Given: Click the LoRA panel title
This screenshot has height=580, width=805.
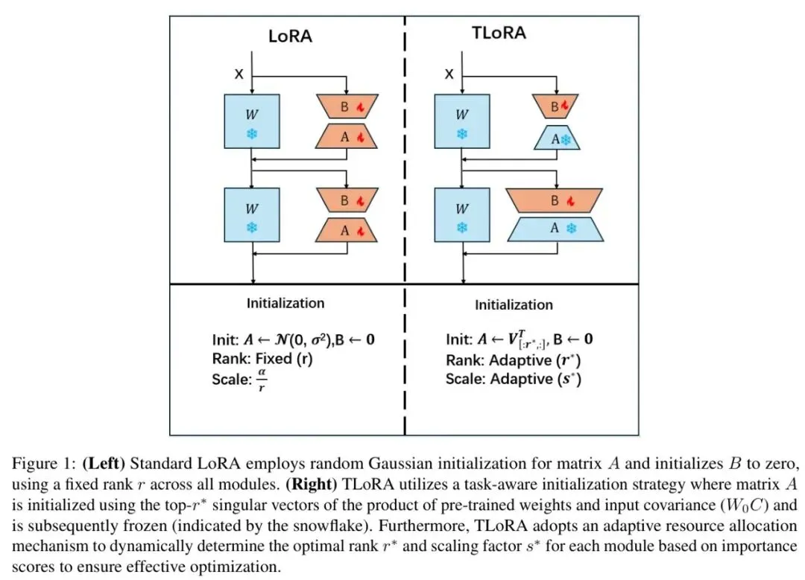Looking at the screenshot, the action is click(x=290, y=36).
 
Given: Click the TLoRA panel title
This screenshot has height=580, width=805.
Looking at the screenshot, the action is click(x=499, y=33).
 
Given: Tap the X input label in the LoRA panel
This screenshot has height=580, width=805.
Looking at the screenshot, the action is click(x=239, y=74).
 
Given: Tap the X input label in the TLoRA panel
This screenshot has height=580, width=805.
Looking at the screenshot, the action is click(x=449, y=74).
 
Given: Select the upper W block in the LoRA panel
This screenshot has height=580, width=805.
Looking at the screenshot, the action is click(x=252, y=121).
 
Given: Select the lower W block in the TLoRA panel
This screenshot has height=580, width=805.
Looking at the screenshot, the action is click(x=462, y=215).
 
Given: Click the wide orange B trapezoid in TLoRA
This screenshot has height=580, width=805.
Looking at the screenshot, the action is click(x=555, y=200).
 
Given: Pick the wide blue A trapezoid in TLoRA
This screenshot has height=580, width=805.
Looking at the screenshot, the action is click(x=555, y=229).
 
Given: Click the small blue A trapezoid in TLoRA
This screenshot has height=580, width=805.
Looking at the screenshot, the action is click(x=557, y=138).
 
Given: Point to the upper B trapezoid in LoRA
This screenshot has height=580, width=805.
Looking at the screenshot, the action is click(x=347, y=106).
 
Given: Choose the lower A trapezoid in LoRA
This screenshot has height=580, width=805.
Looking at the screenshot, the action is click(x=347, y=230).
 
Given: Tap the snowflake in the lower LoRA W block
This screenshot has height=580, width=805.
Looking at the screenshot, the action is click(x=252, y=227).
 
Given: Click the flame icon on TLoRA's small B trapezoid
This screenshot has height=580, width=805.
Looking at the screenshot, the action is click(x=565, y=106).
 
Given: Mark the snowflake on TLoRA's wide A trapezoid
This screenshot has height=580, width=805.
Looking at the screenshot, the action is click(x=571, y=229).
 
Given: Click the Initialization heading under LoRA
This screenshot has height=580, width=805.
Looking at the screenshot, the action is click(x=285, y=303).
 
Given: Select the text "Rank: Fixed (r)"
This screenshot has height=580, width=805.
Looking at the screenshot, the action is click(x=262, y=358).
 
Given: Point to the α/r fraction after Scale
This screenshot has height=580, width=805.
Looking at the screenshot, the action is click(x=262, y=380).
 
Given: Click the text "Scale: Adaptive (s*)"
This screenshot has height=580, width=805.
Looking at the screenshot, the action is click(x=514, y=380).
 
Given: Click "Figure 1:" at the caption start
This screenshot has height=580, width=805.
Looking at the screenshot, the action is click(x=44, y=464).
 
